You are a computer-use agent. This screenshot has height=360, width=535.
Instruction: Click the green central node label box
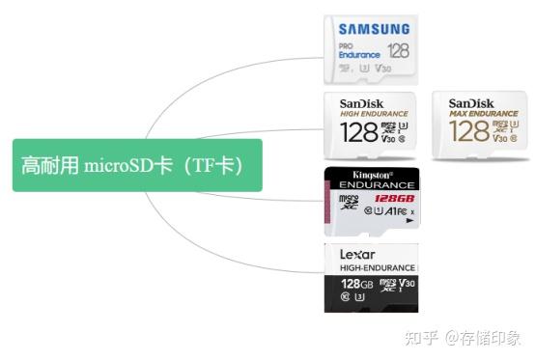click(137, 164)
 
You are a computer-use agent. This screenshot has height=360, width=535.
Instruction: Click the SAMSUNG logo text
click(375, 30)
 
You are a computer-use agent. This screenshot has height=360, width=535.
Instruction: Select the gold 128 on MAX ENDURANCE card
click(469, 132)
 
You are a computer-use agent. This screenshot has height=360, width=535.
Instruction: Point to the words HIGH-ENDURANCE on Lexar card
click(377, 267)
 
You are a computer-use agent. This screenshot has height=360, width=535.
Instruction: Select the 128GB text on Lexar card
click(356, 285)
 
